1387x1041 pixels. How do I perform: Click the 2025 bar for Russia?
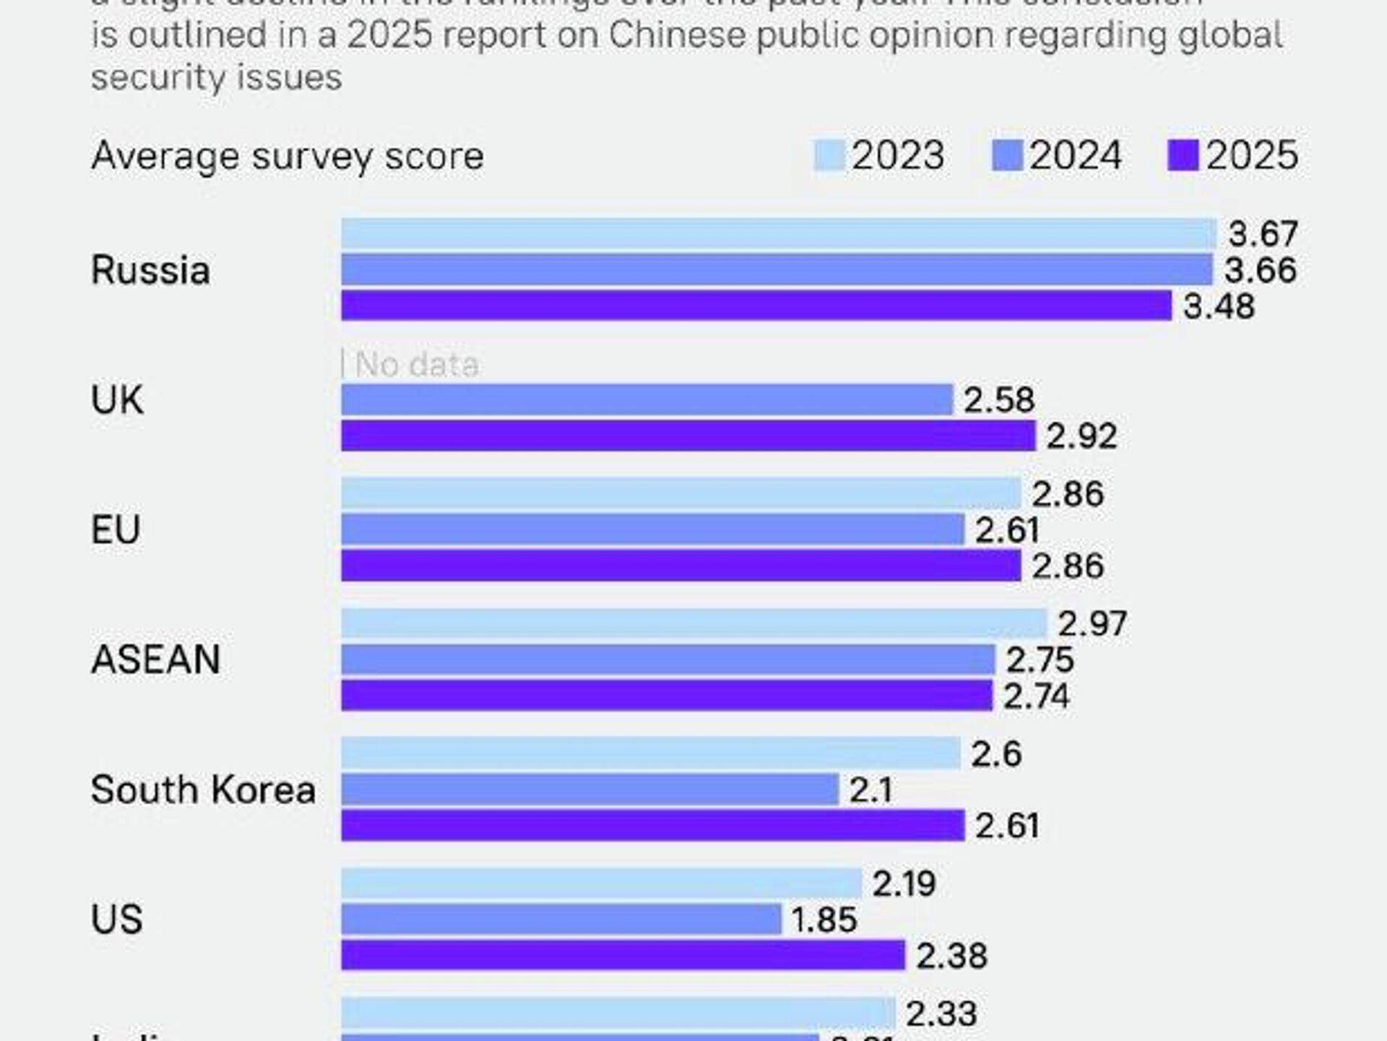pyautogui.click(x=756, y=306)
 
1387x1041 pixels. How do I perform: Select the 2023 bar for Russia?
pyautogui.click(x=779, y=233)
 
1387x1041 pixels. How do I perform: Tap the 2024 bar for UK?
pyautogui.click(x=647, y=399)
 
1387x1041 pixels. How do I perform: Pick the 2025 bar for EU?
pyautogui.click(x=680, y=566)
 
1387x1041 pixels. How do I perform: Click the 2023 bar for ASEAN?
pyautogui.click(x=693, y=623)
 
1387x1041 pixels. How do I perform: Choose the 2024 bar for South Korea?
pyautogui.click(x=589, y=790)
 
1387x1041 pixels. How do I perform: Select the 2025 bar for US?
pyautogui.click(x=623, y=955)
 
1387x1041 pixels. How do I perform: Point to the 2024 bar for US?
pyautogui.click(x=561, y=920)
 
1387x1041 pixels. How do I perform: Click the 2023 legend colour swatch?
pyautogui.click(x=829, y=155)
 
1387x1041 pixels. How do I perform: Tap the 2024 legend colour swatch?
pyautogui.click(x=1007, y=155)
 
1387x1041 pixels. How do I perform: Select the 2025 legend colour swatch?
pyautogui.click(x=1183, y=155)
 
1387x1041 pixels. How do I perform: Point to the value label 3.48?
pyautogui.click(x=1219, y=306)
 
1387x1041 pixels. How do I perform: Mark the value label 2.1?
pyautogui.click(x=871, y=790)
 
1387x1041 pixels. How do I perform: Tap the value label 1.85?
pyautogui.click(x=824, y=920)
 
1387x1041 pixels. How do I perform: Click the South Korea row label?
pyautogui.click(x=203, y=790)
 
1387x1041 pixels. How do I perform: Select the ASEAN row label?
pyautogui.click(x=155, y=660)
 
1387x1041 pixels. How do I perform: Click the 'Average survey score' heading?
pyautogui.click(x=288, y=156)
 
